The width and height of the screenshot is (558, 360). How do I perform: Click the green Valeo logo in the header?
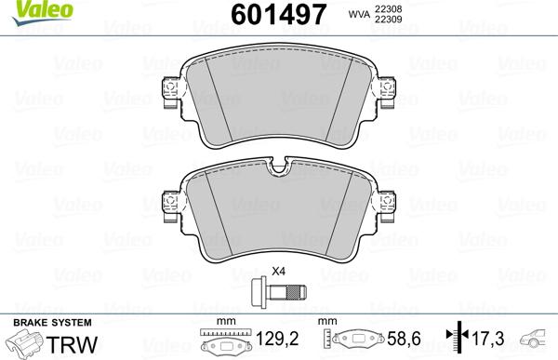(25, 8)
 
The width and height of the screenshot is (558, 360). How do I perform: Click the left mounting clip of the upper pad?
(168, 90)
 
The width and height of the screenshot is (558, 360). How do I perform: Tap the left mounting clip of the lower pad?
(168, 202)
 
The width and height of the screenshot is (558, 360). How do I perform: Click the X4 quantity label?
(277, 273)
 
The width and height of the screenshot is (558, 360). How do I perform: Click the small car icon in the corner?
(536, 340)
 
